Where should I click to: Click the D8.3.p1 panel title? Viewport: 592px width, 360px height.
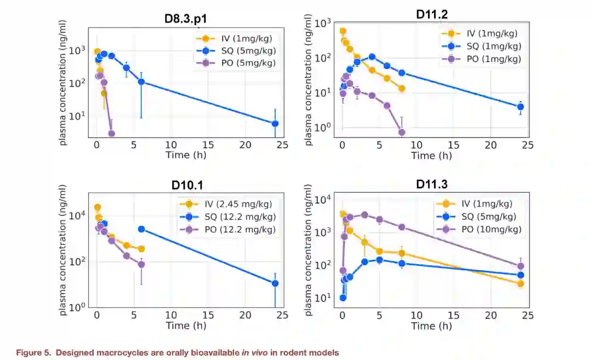186,19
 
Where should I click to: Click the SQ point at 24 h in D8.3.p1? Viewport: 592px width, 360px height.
275,124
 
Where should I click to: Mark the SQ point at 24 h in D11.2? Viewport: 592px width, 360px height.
521,107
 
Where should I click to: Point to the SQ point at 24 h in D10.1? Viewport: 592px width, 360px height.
275,283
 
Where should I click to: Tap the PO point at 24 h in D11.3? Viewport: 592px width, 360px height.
521,266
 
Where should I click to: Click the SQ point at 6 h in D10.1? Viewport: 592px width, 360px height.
141,229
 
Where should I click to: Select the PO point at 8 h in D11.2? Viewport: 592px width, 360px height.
402,132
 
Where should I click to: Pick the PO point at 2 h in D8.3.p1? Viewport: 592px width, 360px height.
112,134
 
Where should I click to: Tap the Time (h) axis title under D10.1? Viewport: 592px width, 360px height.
186,325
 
